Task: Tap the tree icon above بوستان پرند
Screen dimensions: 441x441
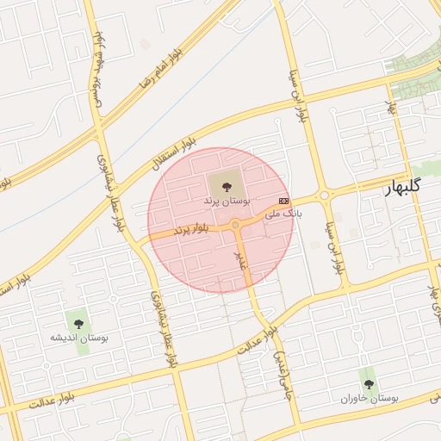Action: point(226,184)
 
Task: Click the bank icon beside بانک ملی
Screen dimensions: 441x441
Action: point(283,201)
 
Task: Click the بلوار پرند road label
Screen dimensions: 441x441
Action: point(191,228)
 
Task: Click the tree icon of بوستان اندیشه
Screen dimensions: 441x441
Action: point(78,324)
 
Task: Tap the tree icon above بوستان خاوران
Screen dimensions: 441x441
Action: point(369,384)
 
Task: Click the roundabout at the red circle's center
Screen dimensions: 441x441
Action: point(235,226)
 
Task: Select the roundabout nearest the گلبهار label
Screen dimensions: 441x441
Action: point(325,196)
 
